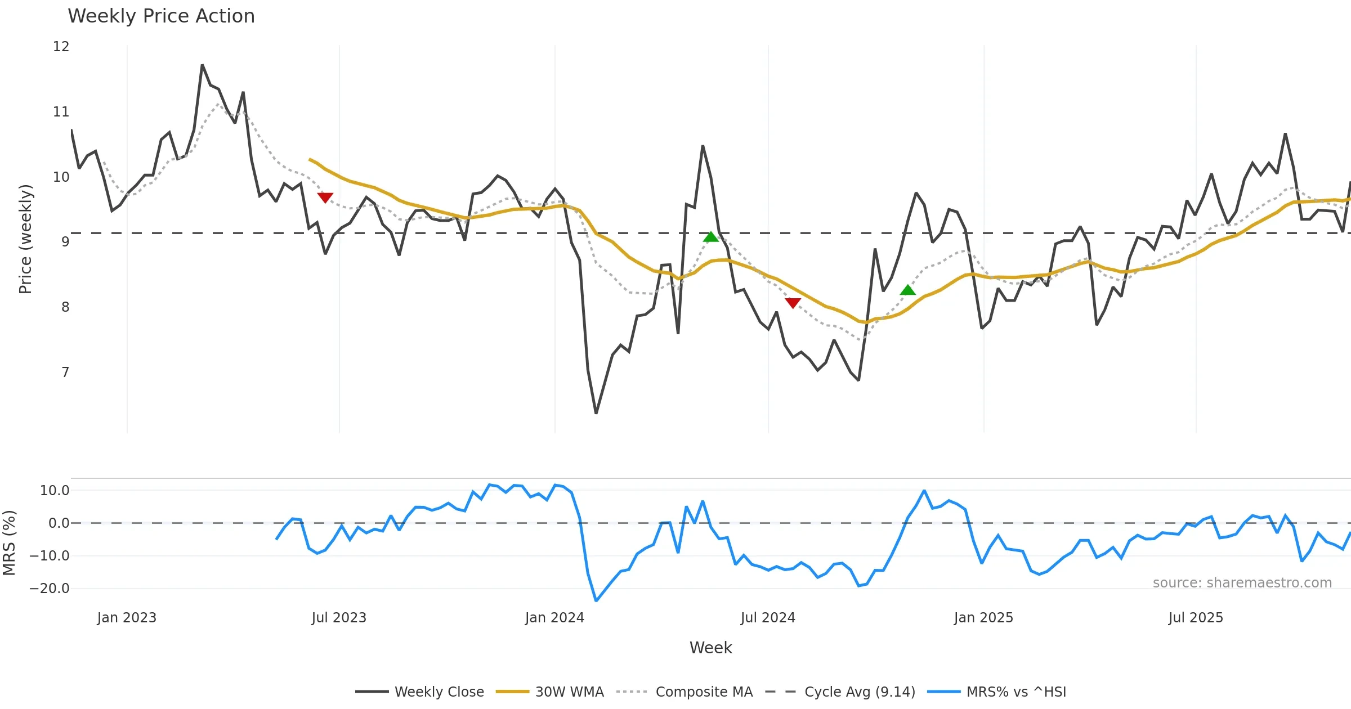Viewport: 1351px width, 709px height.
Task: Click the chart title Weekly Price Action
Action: tap(161, 16)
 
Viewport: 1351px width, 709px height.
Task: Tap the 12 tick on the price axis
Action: tap(61, 47)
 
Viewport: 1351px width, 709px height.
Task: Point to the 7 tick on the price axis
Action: tap(65, 372)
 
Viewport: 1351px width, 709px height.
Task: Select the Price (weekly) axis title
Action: tap(25, 239)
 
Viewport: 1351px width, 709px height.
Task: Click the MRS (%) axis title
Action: tap(9, 542)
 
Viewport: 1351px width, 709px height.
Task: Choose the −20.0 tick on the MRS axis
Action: tap(50, 589)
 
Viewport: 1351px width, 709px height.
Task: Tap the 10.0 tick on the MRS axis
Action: tap(55, 491)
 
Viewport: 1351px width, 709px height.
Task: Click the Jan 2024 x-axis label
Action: tap(554, 618)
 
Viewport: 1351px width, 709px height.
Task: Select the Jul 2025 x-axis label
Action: tap(1196, 618)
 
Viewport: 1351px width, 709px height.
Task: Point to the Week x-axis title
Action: tap(710, 648)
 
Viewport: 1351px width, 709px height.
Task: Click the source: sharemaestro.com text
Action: tap(1242, 583)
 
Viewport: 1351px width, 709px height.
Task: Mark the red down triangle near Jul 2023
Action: tap(325, 198)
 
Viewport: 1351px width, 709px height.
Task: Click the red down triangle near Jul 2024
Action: tap(793, 303)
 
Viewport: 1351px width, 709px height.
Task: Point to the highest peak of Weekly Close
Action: tap(202, 65)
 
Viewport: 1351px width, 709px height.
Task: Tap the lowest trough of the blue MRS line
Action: tap(596, 600)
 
